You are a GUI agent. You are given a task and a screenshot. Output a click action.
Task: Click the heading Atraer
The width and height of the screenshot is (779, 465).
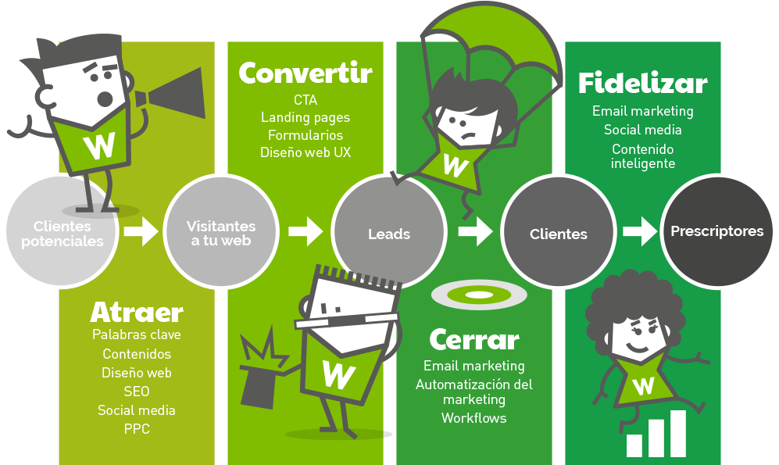point(137,313)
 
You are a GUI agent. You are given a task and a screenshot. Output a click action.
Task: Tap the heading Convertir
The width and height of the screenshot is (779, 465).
point(306,73)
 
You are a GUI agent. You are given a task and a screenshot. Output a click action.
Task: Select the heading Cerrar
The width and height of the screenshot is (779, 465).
point(473,340)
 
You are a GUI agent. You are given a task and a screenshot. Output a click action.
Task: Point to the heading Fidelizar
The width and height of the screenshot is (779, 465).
point(642,83)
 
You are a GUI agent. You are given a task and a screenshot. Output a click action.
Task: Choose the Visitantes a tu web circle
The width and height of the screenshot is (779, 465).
point(221,233)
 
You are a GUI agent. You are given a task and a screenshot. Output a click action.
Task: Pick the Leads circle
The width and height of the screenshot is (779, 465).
point(389,234)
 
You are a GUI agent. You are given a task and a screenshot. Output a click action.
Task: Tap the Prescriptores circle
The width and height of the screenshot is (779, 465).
point(716,231)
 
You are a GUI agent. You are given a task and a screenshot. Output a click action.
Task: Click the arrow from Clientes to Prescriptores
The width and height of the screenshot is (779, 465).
point(638,231)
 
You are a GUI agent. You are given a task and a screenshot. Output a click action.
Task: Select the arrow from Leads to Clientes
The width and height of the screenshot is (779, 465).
point(474,231)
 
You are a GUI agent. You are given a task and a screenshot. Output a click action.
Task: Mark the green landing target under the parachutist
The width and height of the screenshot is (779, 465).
point(479,295)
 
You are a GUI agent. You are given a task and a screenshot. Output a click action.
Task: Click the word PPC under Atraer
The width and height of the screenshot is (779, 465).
point(136,429)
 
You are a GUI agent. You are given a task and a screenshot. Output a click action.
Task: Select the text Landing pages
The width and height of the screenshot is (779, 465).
point(306,117)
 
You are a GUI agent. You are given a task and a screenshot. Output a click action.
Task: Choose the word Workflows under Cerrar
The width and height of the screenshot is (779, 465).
point(473,418)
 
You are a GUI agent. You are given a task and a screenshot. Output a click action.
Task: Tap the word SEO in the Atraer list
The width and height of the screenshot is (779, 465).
point(136,392)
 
